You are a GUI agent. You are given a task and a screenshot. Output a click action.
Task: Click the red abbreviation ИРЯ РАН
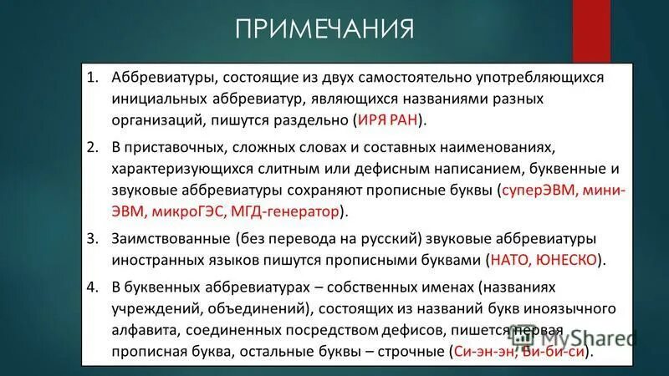(x=390, y=120)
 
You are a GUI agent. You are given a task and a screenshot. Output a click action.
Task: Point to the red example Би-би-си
(x=554, y=353)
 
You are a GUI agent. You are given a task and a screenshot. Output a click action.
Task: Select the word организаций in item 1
(x=156, y=120)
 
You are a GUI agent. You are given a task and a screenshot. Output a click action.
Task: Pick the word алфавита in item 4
(x=141, y=330)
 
